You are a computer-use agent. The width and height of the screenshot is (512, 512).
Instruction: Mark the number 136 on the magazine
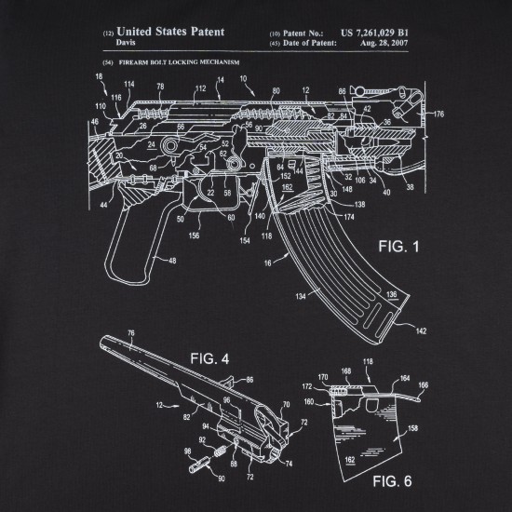point(393,295)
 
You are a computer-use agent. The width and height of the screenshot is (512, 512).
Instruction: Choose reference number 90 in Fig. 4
point(222,478)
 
